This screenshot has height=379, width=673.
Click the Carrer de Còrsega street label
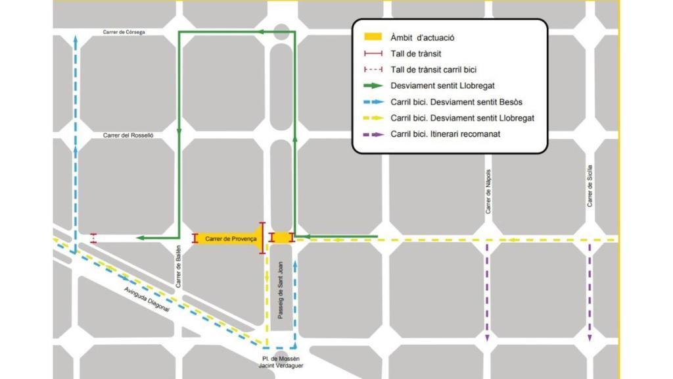[124, 32]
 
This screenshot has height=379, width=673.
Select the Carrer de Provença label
[231, 239]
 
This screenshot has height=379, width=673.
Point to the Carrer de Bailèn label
[178, 270]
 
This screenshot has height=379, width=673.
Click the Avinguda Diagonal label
[147, 299]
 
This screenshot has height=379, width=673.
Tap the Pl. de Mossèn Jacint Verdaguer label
[281, 363]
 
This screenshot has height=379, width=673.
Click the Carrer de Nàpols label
[488, 191]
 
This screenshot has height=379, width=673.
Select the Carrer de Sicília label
[590, 186]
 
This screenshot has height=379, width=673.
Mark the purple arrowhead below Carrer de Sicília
[590, 338]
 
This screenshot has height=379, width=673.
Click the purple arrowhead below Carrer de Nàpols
[487, 338]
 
